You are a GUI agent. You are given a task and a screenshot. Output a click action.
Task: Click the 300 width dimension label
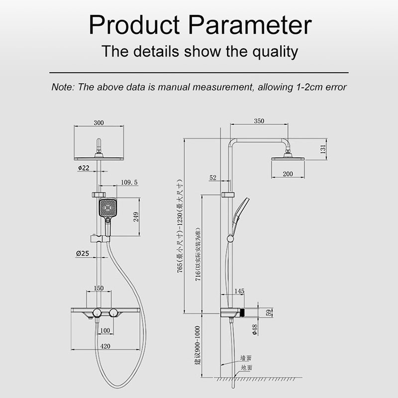pyautogui.click(x=99, y=123)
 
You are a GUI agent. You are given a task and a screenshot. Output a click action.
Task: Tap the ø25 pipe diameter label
pyautogui.click(x=83, y=253)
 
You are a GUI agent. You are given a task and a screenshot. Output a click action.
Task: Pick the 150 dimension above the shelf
pyautogui.click(x=99, y=288)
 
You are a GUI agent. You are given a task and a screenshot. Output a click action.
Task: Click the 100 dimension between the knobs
pyautogui.click(x=105, y=331)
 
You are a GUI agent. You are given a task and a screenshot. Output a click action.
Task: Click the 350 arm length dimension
pyautogui.click(x=259, y=121)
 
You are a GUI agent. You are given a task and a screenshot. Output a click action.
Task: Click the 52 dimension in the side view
pyautogui.click(x=213, y=178)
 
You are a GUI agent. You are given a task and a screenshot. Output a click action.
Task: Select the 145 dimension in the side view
pyautogui.click(x=239, y=291)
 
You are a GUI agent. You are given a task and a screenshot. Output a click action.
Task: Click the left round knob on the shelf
pyautogui.click(x=96, y=312)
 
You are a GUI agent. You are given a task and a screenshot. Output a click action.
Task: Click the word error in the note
pyautogui.click(x=334, y=87)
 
